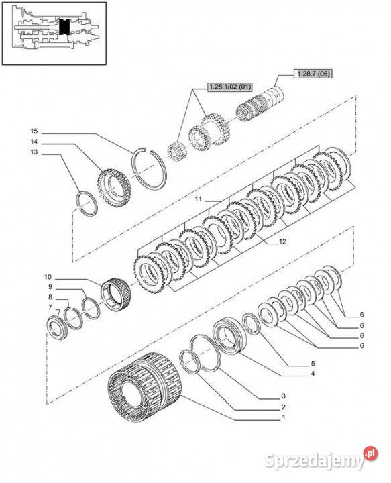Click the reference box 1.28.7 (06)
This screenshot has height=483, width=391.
pyautogui.click(x=313, y=74)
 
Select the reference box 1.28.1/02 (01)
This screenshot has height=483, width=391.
pyautogui.click(x=230, y=87)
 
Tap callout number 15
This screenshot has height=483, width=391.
pyautogui.click(x=34, y=131)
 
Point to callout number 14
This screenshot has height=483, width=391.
pyautogui.click(x=34, y=142)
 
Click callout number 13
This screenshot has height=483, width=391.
pyautogui.click(x=34, y=152)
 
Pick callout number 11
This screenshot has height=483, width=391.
pyautogui.click(x=199, y=199)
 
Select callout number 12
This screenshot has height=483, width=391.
pyautogui.click(x=282, y=241)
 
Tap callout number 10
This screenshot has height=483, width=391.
pyautogui.click(x=48, y=277)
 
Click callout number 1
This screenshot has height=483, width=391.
pyautogui.click(x=284, y=417)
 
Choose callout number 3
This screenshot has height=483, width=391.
pyautogui.click(x=284, y=396)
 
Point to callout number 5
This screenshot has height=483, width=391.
pyautogui.click(x=313, y=364)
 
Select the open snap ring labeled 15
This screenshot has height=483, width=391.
pyautogui.click(x=149, y=168)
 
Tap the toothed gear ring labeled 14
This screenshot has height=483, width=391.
pyautogui.click(x=114, y=188)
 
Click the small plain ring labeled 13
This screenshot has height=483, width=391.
pyautogui.click(x=87, y=203)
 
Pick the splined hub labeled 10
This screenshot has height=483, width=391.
pyautogui.click(x=117, y=294)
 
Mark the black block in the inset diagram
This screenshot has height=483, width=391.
pyautogui.click(x=64, y=26)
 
